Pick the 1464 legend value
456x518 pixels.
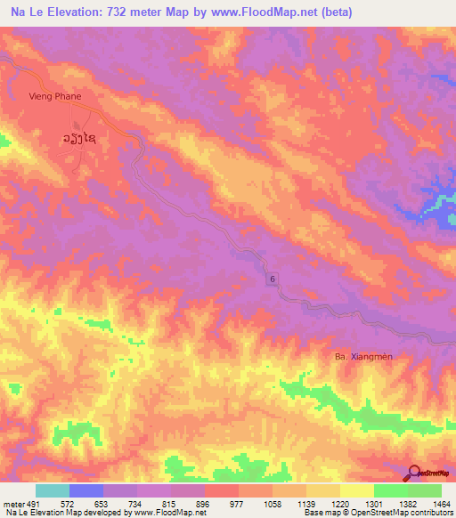(442, 503)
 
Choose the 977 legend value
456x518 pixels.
(222, 503)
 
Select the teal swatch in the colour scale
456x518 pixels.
(53, 490)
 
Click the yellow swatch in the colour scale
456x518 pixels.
(357, 490)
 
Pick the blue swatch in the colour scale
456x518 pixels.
(86, 490)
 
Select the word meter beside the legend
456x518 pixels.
(13, 503)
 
